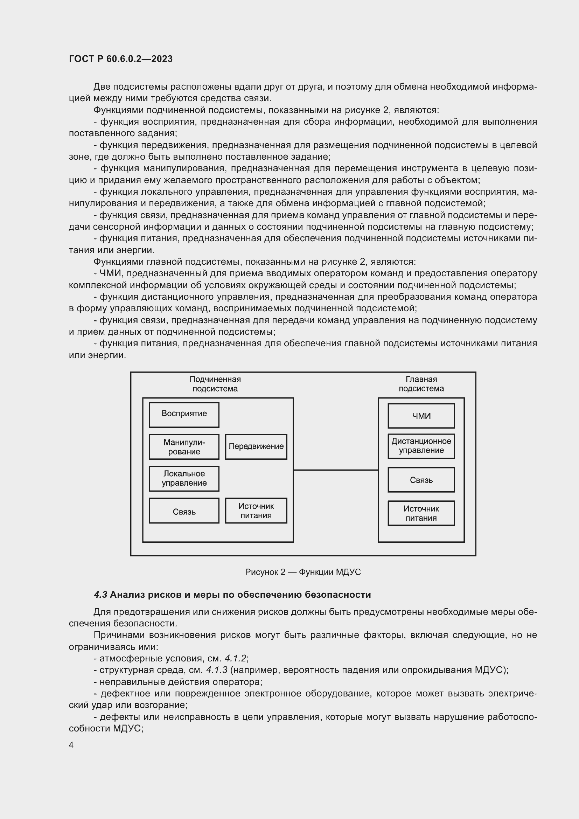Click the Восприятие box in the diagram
(x=184, y=415)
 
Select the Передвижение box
(x=256, y=446)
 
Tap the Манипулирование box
(x=184, y=446)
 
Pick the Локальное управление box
(x=184, y=478)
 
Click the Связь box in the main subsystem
(x=421, y=480)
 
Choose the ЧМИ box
(x=421, y=416)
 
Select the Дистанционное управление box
(x=421, y=446)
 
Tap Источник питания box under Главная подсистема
(x=421, y=513)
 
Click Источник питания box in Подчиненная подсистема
(x=256, y=511)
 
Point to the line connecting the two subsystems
(x=335, y=470)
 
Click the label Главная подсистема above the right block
(x=421, y=384)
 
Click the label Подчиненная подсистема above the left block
(x=215, y=384)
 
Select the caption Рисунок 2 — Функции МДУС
(x=303, y=572)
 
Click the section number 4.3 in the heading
(x=100, y=595)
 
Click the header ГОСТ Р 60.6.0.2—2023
(x=120, y=59)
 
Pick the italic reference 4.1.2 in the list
(x=235, y=659)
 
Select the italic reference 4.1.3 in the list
(x=217, y=670)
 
